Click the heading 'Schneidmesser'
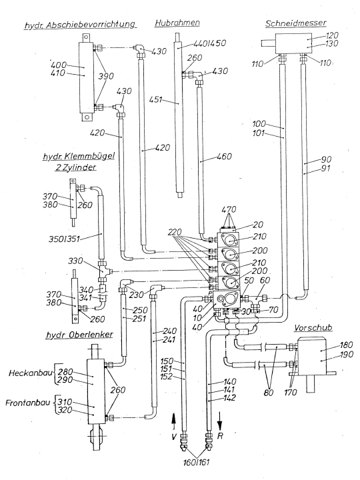click(295, 23)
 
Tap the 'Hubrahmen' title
click(177, 23)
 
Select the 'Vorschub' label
click(313, 327)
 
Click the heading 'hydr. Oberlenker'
click(79, 335)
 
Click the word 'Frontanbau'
click(27, 403)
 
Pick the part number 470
click(229, 209)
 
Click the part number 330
click(75, 261)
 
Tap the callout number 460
click(225, 157)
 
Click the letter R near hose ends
click(220, 436)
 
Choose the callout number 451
click(155, 99)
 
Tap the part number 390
click(105, 76)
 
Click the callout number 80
click(269, 392)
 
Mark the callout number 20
click(258, 225)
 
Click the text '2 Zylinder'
click(76, 167)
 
